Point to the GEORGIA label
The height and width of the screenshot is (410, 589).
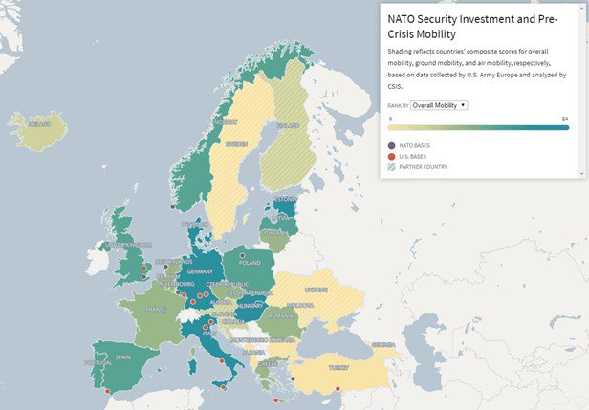pyautogui.click(x=384, y=344)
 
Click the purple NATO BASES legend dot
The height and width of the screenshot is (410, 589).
pyautogui.click(x=392, y=145)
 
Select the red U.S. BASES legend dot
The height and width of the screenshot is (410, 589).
pyautogui.click(x=392, y=156)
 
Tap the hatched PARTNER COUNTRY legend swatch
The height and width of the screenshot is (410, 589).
pyautogui.click(x=392, y=167)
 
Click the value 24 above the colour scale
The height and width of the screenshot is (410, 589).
pyautogui.click(x=565, y=119)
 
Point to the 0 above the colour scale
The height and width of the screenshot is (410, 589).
pyautogui.click(x=390, y=119)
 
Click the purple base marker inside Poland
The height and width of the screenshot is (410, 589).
pyautogui.click(x=243, y=255)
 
